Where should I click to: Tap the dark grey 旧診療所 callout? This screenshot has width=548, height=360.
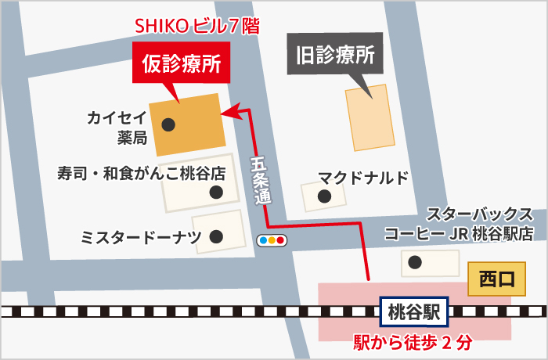click(x=335, y=55)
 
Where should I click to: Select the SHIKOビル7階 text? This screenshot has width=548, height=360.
click(x=197, y=26)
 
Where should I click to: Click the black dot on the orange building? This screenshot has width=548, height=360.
click(x=168, y=124)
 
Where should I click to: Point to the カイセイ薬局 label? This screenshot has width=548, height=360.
click(x=117, y=128)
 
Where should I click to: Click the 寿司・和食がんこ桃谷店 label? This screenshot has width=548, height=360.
click(x=142, y=172)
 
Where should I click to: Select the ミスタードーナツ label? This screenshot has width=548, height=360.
click(x=142, y=236)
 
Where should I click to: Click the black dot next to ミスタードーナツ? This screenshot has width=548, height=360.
click(x=216, y=236)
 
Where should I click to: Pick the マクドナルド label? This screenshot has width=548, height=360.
click(x=363, y=177)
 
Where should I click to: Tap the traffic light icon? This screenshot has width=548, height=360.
click(x=271, y=240)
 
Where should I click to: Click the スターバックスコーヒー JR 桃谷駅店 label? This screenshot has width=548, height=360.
click(x=459, y=224)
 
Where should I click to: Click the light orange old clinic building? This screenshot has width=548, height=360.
click(x=370, y=117)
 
